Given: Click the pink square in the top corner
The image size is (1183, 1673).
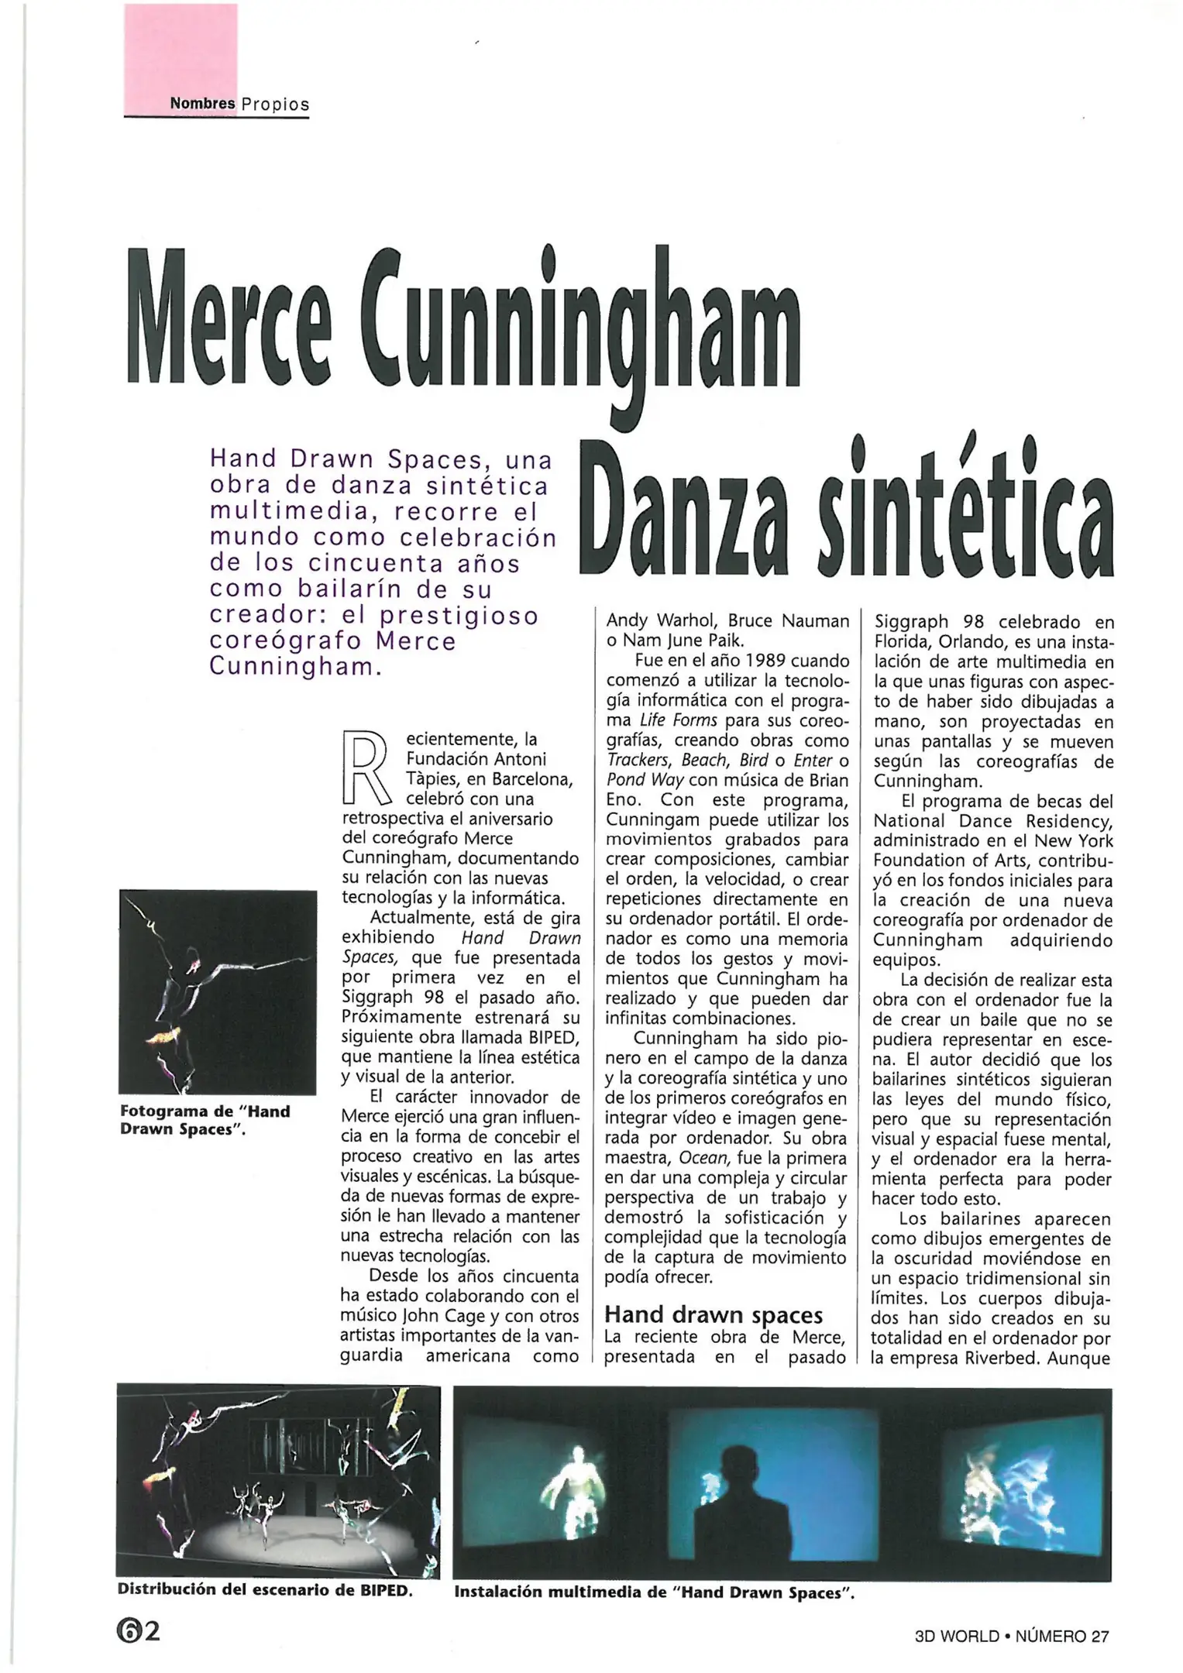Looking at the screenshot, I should (181, 50).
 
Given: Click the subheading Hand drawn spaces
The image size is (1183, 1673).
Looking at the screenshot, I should (713, 1314).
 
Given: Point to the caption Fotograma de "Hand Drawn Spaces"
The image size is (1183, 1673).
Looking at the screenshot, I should (205, 1120).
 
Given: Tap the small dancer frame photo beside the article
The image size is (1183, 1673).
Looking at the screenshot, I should (218, 992).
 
